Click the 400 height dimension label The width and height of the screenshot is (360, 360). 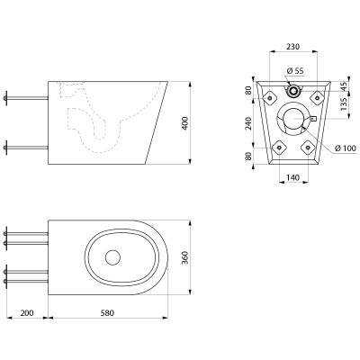coord(185,123)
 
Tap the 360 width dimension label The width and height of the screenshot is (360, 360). coord(185,257)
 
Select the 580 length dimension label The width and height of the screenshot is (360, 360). coord(107,313)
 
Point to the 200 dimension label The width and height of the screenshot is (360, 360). coord(27,313)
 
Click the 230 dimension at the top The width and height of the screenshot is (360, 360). coord(292,47)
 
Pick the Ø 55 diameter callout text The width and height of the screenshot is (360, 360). coord(295,71)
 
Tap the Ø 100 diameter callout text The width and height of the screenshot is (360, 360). coord(346,148)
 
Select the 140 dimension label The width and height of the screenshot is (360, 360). coord(292,177)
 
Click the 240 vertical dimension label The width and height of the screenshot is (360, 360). coord(248,123)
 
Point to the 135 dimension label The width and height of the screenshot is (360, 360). coord(345,103)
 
